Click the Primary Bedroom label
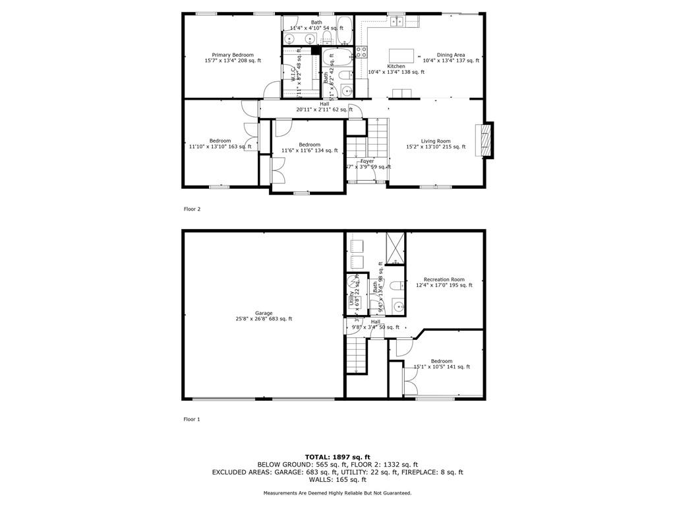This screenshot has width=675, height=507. tap(233, 55)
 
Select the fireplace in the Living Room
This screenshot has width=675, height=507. tap(486, 140)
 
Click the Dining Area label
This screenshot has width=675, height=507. tap(451, 55)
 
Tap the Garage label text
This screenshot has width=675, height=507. tap(264, 314)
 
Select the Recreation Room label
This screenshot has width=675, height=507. tap(444, 280)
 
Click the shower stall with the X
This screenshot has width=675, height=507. tap(396, 248)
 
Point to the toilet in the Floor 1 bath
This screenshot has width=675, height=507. tap(396, 286)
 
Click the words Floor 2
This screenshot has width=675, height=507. tap(192, 209)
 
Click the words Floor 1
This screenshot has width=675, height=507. tap(192, 419)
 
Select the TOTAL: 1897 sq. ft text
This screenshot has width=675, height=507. tap(337, 457)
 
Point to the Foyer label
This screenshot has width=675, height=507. tap(367, 161)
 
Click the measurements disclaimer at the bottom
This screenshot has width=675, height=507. tap(337, 493)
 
